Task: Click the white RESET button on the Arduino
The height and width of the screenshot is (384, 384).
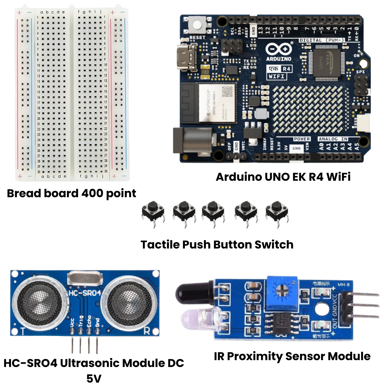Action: coord(197,25)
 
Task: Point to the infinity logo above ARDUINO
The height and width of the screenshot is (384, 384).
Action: coord(278,49)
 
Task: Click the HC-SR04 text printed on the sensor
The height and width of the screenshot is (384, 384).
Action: coord(85,293)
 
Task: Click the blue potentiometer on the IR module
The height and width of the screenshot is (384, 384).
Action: coord(282,292)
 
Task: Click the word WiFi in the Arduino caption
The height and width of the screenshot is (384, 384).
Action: coord(338,177)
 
